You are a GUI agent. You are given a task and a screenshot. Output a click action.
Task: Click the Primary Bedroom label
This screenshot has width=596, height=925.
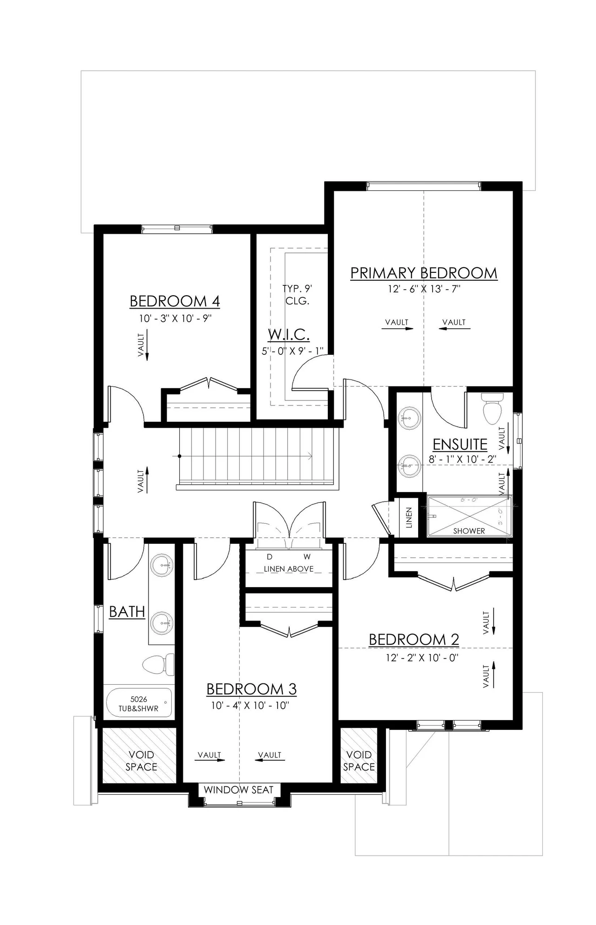click(x=423, y=273)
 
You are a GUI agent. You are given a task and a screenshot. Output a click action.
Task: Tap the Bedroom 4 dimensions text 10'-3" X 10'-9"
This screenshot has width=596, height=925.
click(x=175, y=318)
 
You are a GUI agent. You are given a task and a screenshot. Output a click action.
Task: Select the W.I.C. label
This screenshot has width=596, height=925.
click(x=288, y=334)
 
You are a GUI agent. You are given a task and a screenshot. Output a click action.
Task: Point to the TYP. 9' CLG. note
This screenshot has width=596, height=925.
click(x=297, y=295)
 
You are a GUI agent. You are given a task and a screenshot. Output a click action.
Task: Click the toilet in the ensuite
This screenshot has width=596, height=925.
click(x=492, y=409)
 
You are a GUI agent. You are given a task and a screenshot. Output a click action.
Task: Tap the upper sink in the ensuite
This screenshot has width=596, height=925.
click(x=409, y=418)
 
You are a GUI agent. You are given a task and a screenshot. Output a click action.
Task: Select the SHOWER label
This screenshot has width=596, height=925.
click(x=469, y=531)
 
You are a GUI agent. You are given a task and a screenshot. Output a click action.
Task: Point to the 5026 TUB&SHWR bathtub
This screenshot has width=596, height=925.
click(x=139, y=703)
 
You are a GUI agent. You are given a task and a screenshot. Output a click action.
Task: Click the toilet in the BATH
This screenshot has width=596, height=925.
click(x=157, y=665)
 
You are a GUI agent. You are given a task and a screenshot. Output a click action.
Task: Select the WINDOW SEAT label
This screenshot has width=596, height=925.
click(x=238, y=790)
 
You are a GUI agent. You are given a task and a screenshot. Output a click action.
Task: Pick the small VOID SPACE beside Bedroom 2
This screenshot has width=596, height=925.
click(x=359, y=760)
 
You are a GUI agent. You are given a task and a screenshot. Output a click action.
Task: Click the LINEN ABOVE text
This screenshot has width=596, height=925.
click(x=288, y=569)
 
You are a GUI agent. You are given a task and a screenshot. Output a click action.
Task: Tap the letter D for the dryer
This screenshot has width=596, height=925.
click(x=269, y=557)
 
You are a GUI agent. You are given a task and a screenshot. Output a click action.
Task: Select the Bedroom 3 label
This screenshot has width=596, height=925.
click(x=251, y=689)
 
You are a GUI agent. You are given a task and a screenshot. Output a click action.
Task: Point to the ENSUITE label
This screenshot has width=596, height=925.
click(x=460, y=444)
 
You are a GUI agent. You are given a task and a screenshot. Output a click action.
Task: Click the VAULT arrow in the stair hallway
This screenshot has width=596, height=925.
click(x=147, y=480)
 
